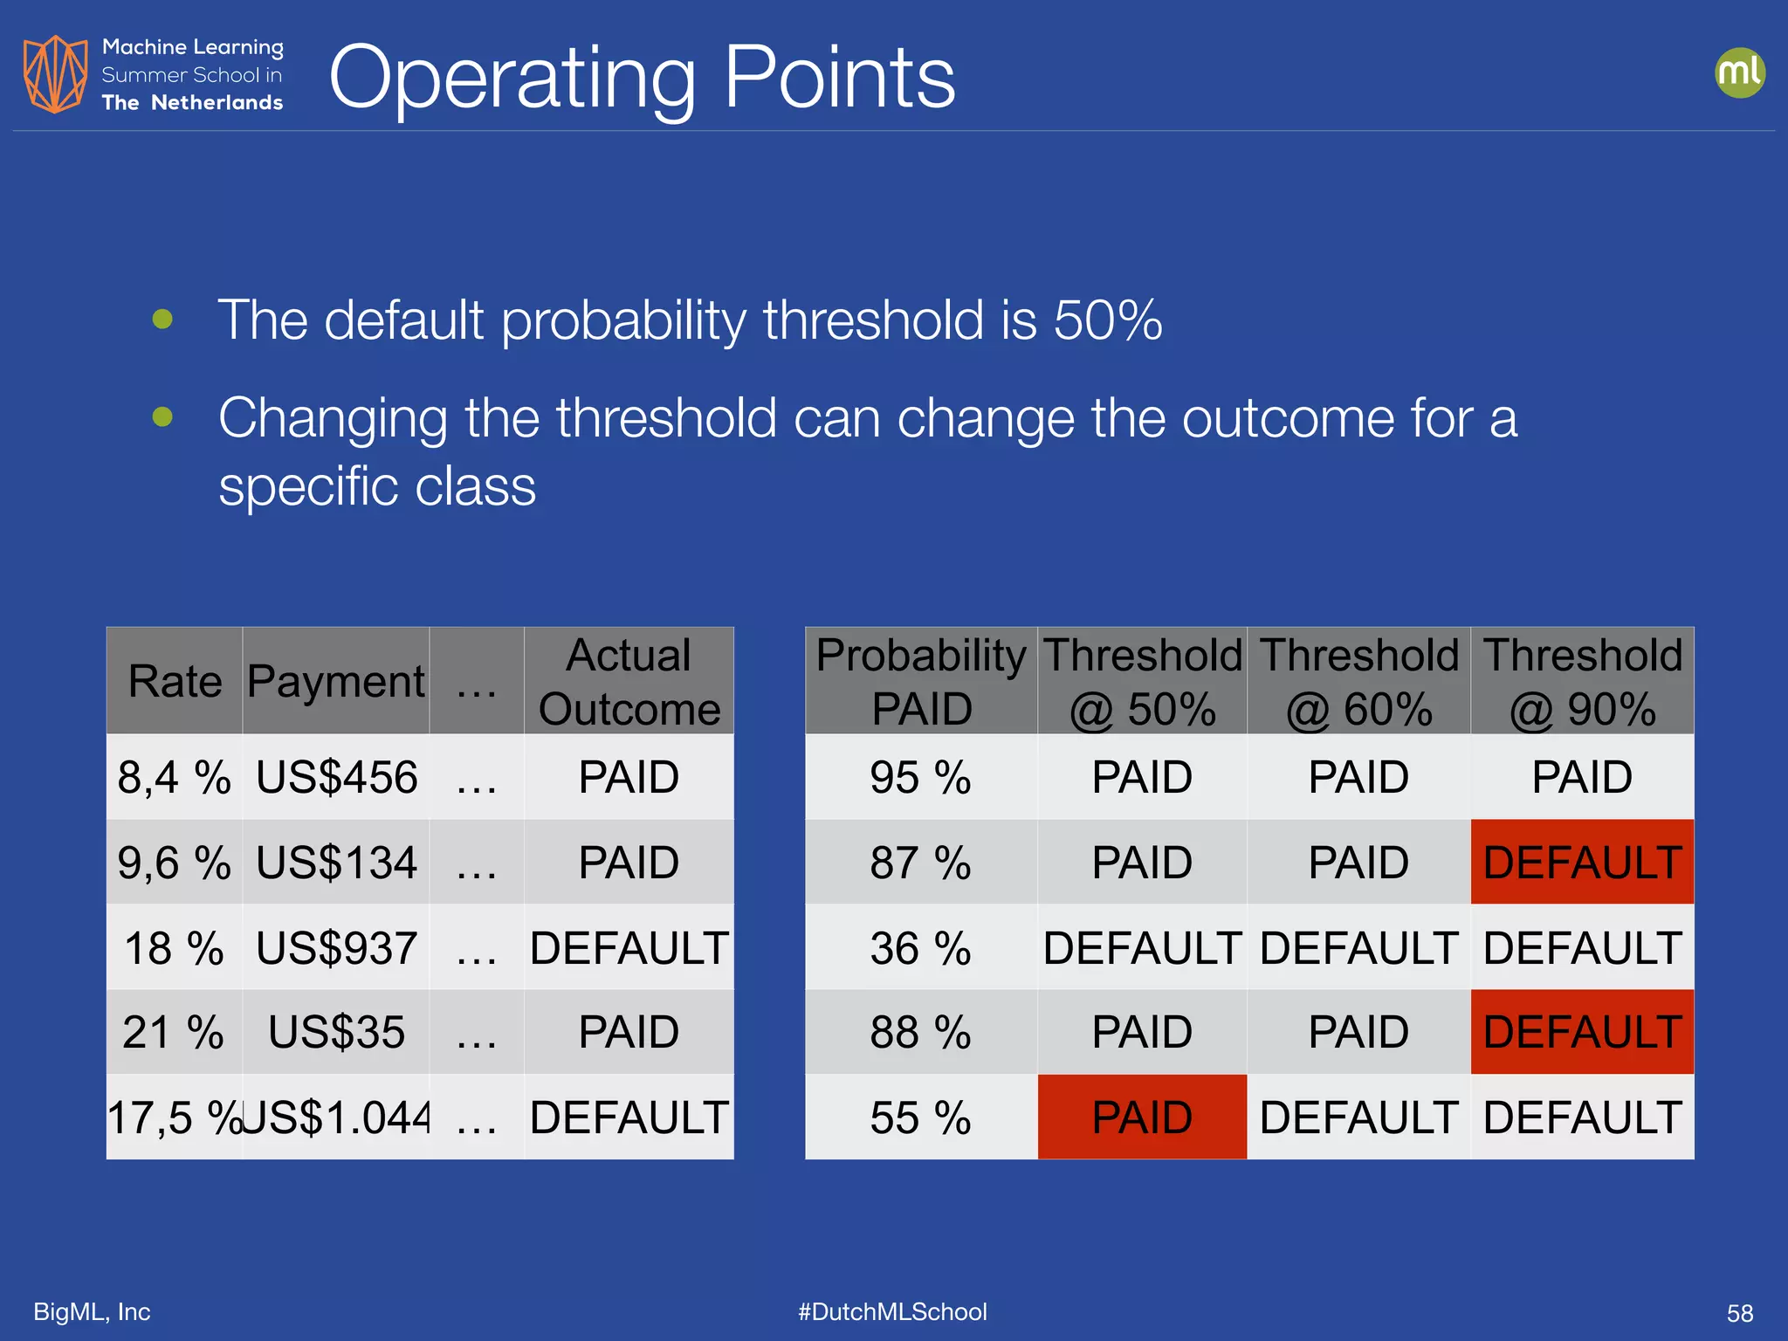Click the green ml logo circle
1739,72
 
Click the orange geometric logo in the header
55,74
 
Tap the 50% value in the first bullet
1107,320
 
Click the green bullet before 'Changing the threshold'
162,416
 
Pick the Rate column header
175,681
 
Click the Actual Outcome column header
629,681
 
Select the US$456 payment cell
336,777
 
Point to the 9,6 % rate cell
175,863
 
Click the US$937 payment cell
336,948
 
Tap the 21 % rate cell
175,1032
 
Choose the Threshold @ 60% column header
1358,681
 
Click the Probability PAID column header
921,681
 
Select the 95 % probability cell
920,777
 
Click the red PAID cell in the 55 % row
1142,1117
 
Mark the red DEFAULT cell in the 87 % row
1582,863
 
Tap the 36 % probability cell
920,948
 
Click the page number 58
1739,1313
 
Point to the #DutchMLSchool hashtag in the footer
892,1311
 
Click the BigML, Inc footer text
92,1311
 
